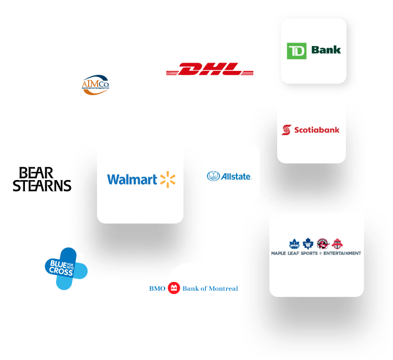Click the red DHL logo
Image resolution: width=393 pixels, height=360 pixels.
pos(210,70)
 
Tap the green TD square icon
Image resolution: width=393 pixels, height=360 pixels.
pos(297,50)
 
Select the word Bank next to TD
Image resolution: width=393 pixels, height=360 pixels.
pos(326,50)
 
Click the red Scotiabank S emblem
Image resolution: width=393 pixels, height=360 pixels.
pos(286,130)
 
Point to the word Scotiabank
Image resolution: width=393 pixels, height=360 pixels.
pos(316,130)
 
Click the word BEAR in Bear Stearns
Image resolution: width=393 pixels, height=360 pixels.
pos(38,173)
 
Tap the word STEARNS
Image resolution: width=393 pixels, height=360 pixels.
pos(42,186)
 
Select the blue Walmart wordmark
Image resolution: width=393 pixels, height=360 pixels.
pos(132,179)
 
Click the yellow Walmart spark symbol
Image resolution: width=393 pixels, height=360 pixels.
pos(167,179)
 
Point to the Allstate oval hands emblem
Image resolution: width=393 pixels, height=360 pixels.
pos(213,177)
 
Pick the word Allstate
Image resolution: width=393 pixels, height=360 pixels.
pos(237,177)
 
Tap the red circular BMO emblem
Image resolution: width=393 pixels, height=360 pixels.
pos(174,288)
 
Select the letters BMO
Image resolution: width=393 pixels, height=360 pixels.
pos(157,289)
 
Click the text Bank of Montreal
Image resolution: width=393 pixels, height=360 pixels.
pos(210,289)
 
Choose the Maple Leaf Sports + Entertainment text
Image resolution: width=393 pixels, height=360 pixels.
pos(316,253)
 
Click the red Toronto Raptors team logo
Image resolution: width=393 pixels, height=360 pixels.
pos(323,243)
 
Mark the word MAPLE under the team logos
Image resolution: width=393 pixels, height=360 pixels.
pos(279,253)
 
